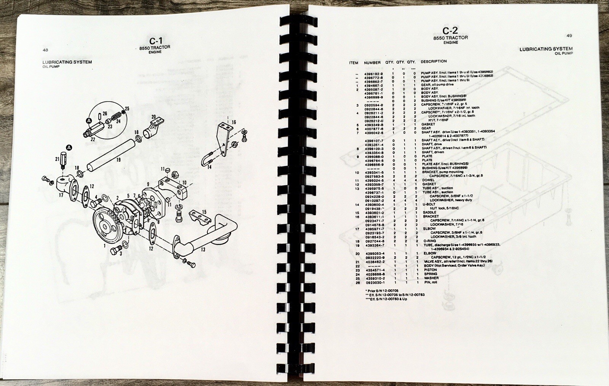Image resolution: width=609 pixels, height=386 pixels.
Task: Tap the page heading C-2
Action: [450, 31]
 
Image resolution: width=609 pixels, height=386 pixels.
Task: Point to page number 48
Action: [45, 50]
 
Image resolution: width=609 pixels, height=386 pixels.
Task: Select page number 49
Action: [569, 36]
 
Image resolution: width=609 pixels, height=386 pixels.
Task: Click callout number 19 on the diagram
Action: [118, 160]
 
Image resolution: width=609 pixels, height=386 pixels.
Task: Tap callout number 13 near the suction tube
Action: [203, 249]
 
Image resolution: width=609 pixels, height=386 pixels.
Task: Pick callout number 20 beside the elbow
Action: [153, 117]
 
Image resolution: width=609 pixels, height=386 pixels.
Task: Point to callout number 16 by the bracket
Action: [234, 122]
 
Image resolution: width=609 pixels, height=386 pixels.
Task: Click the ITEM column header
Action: [354, 63]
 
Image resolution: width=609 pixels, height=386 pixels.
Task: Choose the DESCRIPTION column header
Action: [434, 61]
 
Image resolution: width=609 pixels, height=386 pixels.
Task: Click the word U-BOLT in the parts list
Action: [429, 204]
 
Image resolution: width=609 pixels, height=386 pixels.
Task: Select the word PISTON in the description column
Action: [430, 270]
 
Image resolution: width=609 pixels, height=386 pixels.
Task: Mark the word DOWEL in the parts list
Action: [428, 180]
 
